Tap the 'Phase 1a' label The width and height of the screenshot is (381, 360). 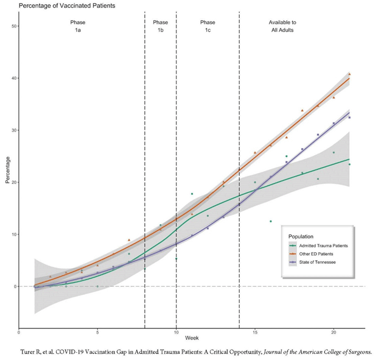click(77, 26)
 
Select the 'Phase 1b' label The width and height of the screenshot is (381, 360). click(160, 26)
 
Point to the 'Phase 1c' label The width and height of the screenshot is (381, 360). click(208, 26)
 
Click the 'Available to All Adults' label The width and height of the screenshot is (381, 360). click(282, 26)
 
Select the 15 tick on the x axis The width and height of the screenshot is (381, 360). click(254, 333)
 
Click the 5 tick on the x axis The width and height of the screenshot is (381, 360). click(97, 333)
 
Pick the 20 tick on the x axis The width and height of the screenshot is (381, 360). click(333, 333)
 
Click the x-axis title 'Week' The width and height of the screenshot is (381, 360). click(192, 339)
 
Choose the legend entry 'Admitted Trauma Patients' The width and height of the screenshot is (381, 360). click(322, 245)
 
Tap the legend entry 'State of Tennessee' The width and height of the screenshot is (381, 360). click(316, 262)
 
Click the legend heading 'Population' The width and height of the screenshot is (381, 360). click(301, 236)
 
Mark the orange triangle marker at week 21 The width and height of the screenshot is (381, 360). click(349, 74)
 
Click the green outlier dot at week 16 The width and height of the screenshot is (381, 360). click(270, 221)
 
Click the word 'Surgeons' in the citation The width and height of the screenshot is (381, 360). click(357, 351)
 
